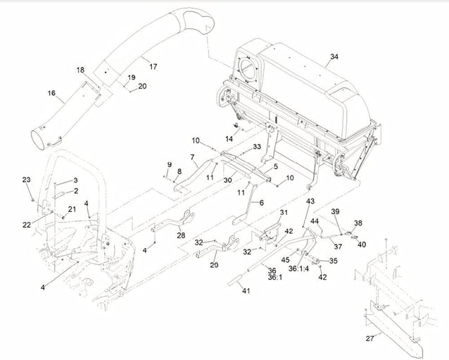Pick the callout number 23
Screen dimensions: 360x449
coord(27,180)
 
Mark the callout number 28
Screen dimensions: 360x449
coord(182,236)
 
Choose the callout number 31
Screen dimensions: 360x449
coord(284,213)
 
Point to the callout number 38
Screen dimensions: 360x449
coord(358,222)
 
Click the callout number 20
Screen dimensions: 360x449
coord(142,86)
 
